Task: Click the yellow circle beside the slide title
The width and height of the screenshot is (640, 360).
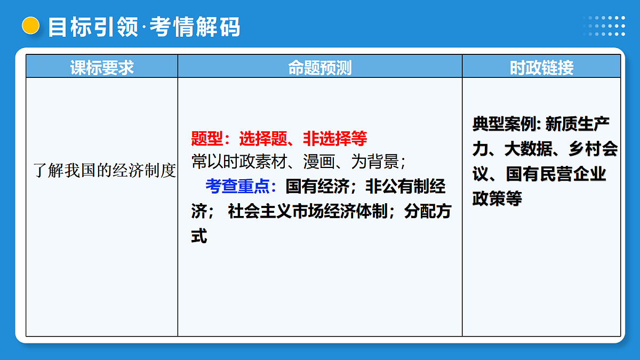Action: click(31, 26)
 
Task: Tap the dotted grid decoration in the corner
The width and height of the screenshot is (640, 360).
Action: click(604, 26)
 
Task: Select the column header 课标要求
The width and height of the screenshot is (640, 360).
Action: click(102, 68)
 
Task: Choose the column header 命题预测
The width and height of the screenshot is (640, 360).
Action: click(319, 68)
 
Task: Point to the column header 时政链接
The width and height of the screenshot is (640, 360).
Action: click(541, 68)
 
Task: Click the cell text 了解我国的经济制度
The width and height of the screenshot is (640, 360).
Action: click(105, 171)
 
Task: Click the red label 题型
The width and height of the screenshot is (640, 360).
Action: click(207, 139)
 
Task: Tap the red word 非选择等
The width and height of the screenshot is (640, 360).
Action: click(335, 139)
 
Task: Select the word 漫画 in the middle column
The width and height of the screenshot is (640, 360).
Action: click(319, 162)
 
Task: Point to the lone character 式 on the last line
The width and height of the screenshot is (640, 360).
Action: click(199, 236)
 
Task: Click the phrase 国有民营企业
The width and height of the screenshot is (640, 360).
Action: click(556, 174)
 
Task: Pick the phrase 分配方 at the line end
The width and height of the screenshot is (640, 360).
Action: click(427, 211)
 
